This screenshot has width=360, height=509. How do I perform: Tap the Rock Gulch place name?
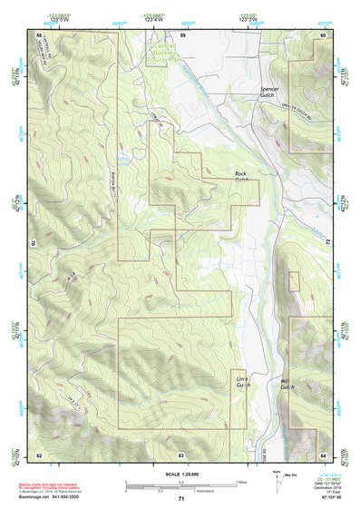tap(241, 176)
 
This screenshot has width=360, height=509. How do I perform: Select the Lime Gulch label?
tap(241, 382)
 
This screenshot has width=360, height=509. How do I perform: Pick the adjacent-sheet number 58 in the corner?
tap(39, 34)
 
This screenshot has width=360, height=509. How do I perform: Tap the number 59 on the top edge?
tap(181, 34)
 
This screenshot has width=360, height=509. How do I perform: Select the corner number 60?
tap(323, 34)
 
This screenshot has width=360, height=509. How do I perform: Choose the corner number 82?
tap(39, 453)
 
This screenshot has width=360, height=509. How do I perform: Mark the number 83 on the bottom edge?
tap(181, 453)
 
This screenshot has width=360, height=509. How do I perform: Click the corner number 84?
tap(323, 453)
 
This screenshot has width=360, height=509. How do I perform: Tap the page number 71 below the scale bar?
tap(181, 499)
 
